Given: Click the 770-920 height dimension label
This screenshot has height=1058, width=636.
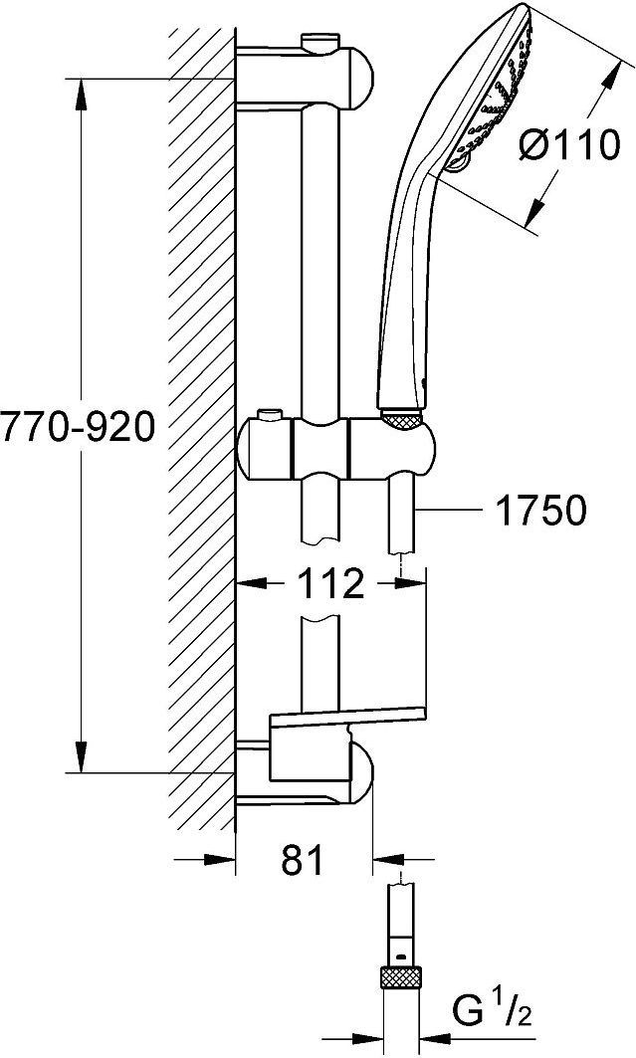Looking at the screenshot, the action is (x=78, y=427).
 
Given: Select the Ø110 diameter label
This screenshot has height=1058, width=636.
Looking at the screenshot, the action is (x=570, y=144).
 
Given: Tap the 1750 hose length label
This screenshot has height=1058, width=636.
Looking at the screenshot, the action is (x=540, y=511).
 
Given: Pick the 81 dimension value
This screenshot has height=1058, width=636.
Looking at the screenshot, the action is (x=303, y=860).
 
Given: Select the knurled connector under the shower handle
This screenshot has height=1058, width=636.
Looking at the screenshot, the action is (x=401, y=419).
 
